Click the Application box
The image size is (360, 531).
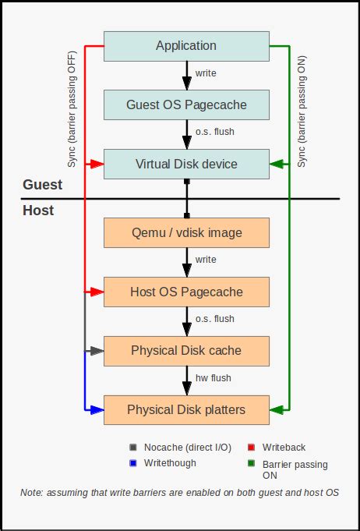coord(186,46)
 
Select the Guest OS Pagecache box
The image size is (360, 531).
coord(186,104)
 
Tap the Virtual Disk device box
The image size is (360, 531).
coord(186,164)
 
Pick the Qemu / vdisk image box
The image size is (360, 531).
coord(186,232)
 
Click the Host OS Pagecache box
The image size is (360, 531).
coord(186,292)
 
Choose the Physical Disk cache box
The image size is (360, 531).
coord(186,350)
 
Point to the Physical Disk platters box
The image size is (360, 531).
coord(186,409)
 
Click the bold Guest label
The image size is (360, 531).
coord(43,185)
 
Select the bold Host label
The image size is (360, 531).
coord(38,211)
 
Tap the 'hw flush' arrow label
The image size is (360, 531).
coord(213,378)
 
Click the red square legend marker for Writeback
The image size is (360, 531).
coord(252,448)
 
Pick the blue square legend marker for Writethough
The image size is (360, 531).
coord(133,462)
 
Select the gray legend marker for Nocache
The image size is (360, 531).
coord(133,448)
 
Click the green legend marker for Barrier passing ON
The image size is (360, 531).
coord(252,464)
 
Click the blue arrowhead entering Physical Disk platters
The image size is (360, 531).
coord(97,409)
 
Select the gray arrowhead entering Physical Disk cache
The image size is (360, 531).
coord(97,350)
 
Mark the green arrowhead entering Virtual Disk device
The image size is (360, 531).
coord(275,164)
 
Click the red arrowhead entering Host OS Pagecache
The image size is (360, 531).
coord(97,292)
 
